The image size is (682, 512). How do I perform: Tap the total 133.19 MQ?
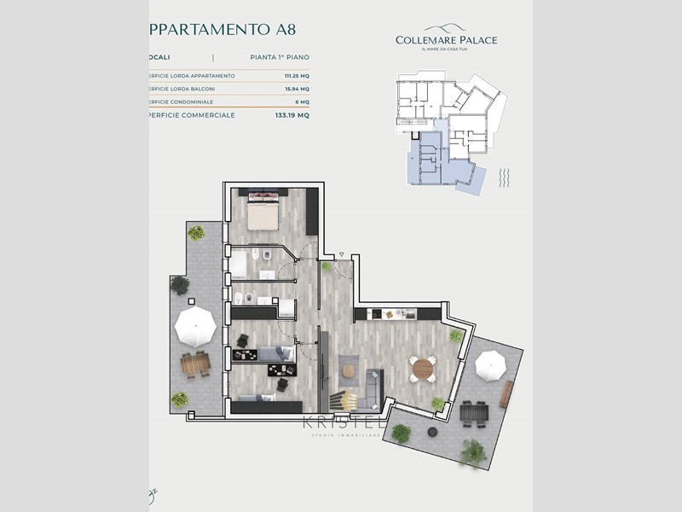(x=291, y=114)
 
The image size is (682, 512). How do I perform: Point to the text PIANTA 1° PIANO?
(x=280, y=57)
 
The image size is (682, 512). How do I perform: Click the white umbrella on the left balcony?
(x=195, y=324)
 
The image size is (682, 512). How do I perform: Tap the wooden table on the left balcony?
(x=195, y=365)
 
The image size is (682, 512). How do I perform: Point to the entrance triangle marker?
(x=341, y=254)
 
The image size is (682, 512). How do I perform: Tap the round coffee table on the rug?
(x=349, y=369)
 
